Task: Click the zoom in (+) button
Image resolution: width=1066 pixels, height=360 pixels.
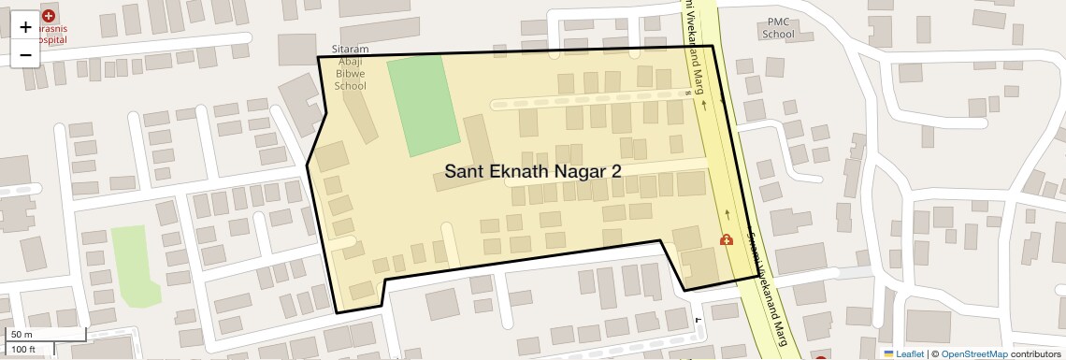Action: pyautogui.click(x=25, y=27)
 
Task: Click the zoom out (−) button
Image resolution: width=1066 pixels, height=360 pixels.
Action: pyautogui.click(x=25, y=54)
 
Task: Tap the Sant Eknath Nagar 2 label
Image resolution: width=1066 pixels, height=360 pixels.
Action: pyautogui.click(x=532, y=171)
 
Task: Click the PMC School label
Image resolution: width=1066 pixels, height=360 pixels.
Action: pyautogui.click(x=778, y=28)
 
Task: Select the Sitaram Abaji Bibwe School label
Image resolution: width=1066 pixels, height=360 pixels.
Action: pyautogui.click(x=350, y=67)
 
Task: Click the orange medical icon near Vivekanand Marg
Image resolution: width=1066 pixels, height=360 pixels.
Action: pyautogui.click(x=726, y=239)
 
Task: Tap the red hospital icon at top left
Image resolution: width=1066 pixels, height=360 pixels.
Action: pyautogui.click(x=48, y=16)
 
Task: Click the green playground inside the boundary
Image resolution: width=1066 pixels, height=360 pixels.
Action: pyautogui.click(x=424, y=105)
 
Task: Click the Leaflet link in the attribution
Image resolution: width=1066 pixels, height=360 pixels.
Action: pyautogui.click(x=910, y=353)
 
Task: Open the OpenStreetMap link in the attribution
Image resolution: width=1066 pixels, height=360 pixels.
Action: pyautogui.click(x=975, y=353)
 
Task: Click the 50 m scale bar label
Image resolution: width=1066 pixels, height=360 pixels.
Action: pyautogui.click(x=22, y=335)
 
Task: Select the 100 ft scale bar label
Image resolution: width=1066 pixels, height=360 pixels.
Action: pyautogui.click(x=24, y=349)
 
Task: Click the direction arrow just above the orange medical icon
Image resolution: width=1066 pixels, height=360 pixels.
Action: pyautogui.click(x=726, y=212)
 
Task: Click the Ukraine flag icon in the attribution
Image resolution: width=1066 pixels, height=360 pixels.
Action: pyautogui.click(x=888, y=353)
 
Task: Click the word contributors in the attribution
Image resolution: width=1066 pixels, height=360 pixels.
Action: pyautogui.click(x=1034, y=353)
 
